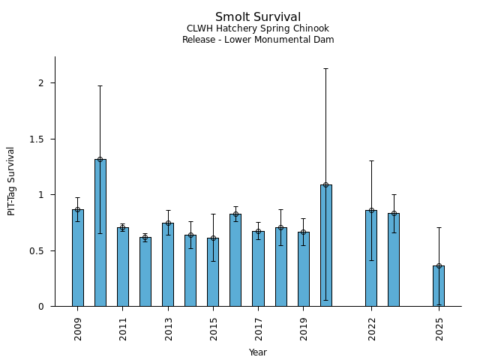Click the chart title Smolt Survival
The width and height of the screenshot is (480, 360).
258,17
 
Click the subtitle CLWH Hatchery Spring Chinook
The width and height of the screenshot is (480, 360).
258,28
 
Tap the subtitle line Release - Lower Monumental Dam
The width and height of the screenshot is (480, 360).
258,40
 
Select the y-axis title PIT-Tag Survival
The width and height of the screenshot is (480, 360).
11,181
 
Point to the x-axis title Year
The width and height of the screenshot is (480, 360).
258,352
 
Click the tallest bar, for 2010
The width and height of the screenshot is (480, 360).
100,232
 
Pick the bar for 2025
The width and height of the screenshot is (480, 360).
439,286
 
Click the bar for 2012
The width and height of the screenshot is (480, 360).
145,271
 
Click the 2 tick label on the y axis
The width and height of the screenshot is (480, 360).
43,82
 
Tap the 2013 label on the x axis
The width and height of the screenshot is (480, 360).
168,328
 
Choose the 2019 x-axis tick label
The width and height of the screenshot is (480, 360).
303,328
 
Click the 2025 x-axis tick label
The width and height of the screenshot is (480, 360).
439,328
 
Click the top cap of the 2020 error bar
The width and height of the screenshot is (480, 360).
325,68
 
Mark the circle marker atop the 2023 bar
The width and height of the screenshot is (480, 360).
394,213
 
